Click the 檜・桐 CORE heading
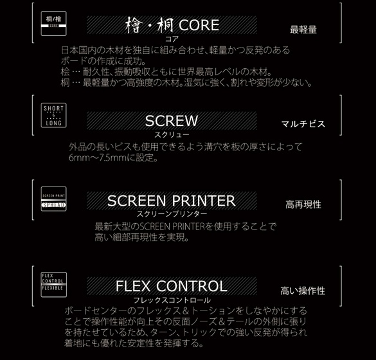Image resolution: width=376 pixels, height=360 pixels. coord(172,26)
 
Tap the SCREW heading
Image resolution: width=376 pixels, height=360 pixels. coord(171,120)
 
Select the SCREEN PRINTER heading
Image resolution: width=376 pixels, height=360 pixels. coord(171,201)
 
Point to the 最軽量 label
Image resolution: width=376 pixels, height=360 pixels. coord(303,30)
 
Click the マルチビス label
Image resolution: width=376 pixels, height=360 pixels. coord(303,124)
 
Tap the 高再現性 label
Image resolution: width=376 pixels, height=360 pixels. coord(303,204)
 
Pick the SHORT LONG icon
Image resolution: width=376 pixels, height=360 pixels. coord(53,116)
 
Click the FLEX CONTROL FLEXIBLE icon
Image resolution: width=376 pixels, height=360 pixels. coord(53,283)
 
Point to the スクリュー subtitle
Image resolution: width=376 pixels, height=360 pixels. coord(171,134)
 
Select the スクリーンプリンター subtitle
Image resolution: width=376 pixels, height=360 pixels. coord(172,213)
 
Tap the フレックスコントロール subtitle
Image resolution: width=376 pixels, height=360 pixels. coord(172,300)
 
